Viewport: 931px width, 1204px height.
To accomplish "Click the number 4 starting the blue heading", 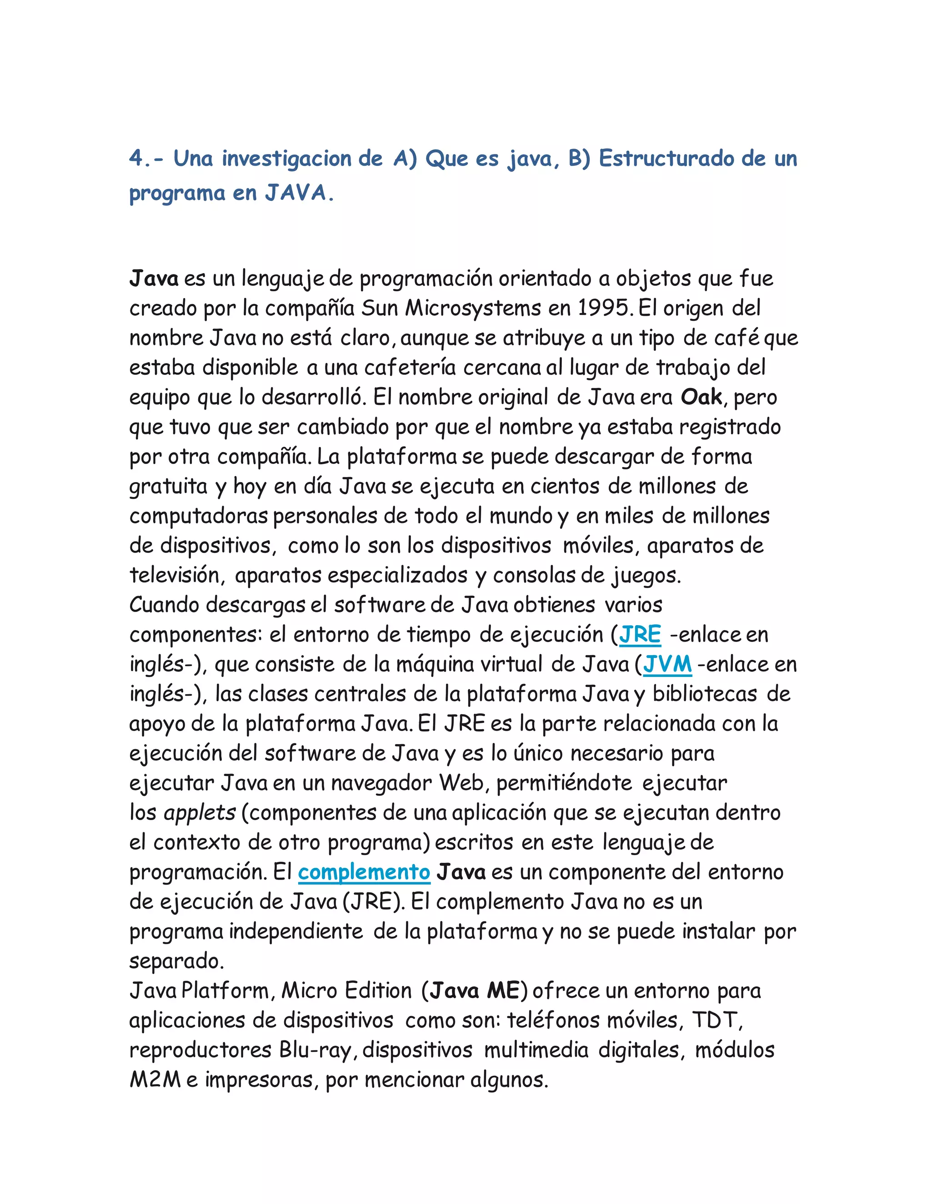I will tap(135, 159).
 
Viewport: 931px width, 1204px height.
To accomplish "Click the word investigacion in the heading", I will tap(287, 159).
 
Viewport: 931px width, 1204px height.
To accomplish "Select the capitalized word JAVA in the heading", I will tap(297, 193).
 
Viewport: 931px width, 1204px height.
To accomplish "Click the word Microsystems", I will tap(473, 308).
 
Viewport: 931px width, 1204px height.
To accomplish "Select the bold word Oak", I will tap(701, 397).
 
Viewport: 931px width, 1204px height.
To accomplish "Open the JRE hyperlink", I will tap(640, 635).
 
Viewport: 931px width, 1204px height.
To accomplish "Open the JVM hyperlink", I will tap(667, 664).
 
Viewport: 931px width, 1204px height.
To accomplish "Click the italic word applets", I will tap(200, 813).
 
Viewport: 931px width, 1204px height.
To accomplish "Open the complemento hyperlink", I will tap(364, 872).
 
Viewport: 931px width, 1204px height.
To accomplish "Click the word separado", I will tap(176, 961).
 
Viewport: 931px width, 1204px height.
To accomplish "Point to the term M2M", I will tap(155, 1080).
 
